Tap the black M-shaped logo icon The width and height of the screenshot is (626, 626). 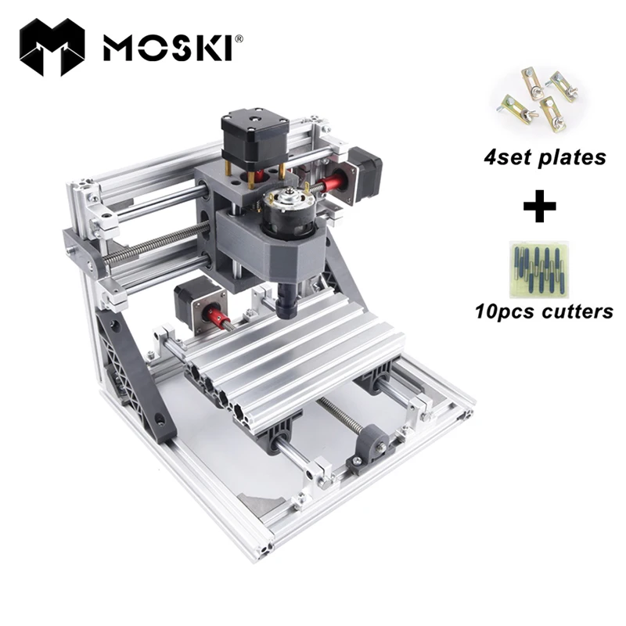pos(53,48)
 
